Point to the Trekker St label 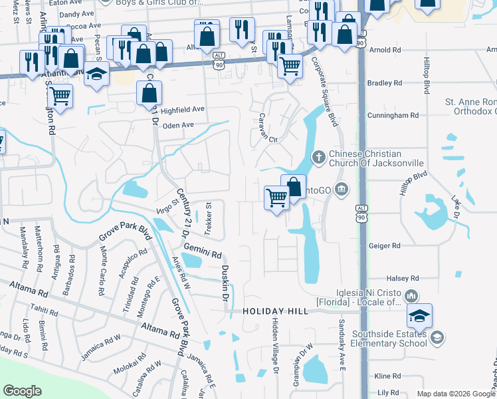pos(208,219)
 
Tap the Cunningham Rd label pos(395,115)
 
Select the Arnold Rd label pos(387,50)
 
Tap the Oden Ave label pos(178,125)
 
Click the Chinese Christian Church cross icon pos(318,157)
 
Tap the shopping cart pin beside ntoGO pos(276,198)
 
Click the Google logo pos(23,391)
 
